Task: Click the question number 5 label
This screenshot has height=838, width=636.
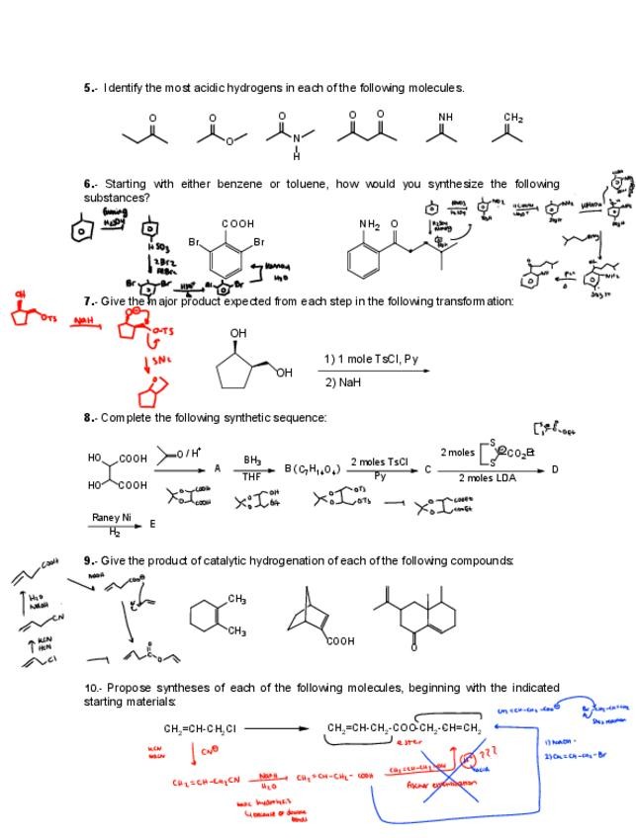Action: pos(88,88)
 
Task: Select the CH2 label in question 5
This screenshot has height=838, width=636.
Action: pos(513,118)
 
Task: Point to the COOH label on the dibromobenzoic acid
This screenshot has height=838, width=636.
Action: pos(238,224)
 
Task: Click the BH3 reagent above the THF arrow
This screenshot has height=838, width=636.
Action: pos(253,461)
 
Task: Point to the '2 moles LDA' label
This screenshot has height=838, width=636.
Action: pos(487,478)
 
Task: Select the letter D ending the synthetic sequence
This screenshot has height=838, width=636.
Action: pos(555,469)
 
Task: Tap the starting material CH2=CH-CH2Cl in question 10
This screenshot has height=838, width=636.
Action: pos(200,729)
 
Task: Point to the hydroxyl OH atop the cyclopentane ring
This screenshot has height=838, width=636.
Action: pos(238,334)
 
